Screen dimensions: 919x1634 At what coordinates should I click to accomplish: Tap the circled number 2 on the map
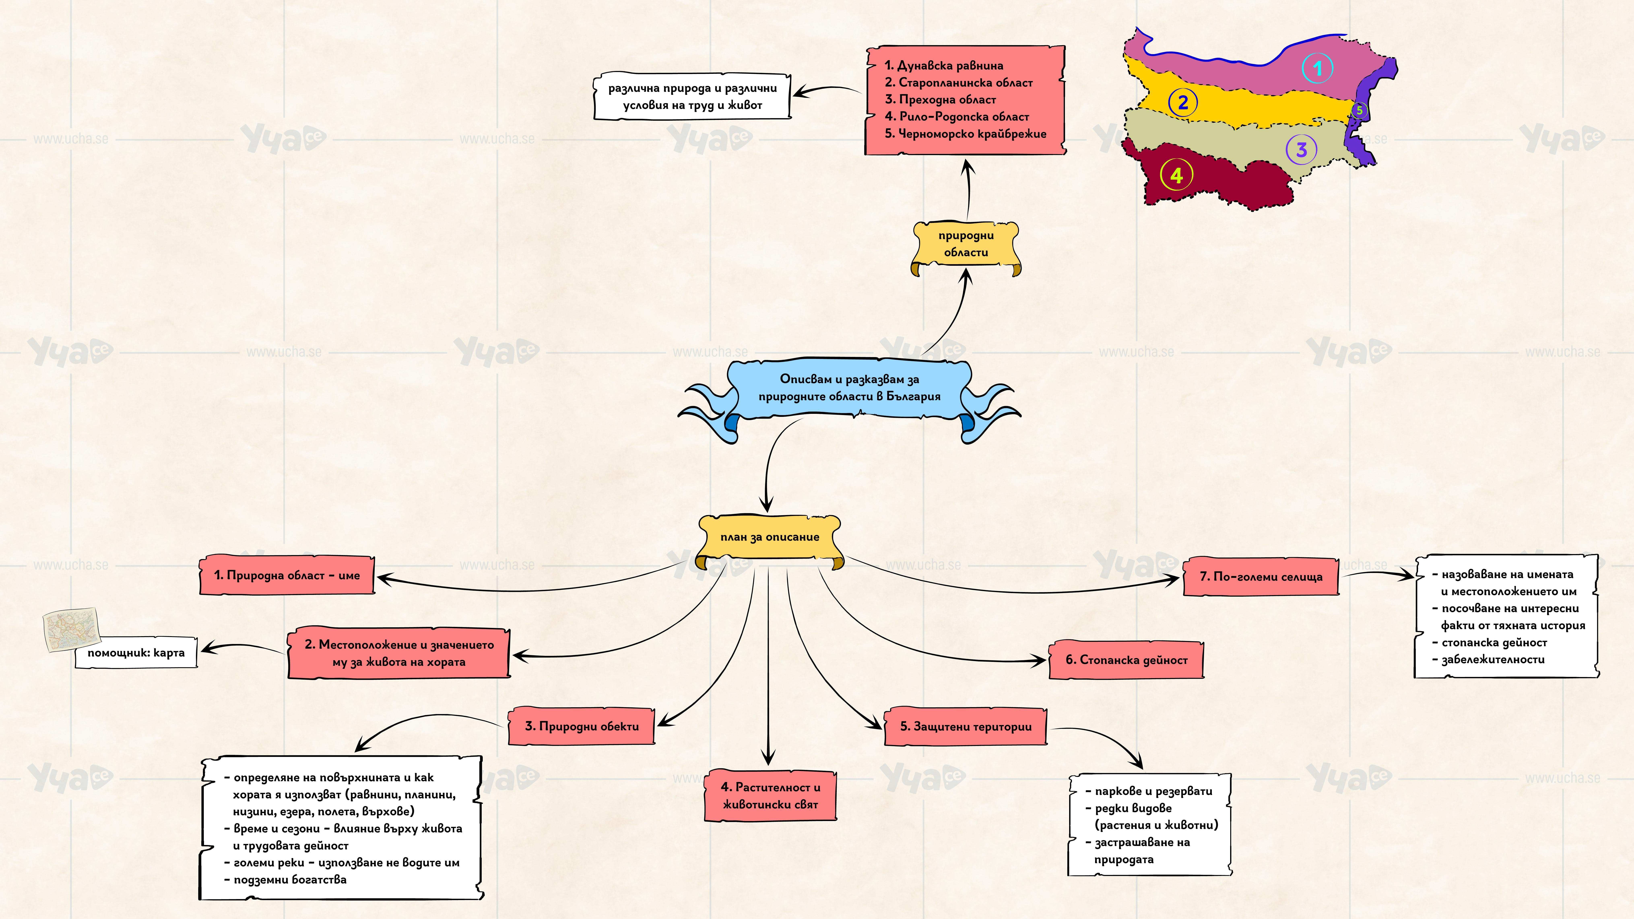1182,102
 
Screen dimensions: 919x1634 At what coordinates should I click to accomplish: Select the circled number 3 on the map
1301,150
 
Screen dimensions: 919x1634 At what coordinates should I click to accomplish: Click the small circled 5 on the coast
1359,110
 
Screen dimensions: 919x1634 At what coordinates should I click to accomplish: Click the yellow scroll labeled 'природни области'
966,244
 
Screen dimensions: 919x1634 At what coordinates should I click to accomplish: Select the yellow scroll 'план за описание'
770,537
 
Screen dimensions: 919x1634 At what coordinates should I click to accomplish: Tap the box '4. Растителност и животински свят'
770,796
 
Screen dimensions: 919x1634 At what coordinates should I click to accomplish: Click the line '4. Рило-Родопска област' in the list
956,117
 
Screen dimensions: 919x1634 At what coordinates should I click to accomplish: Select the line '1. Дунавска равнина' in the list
944,65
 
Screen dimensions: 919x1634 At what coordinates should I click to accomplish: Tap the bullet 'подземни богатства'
290,880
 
